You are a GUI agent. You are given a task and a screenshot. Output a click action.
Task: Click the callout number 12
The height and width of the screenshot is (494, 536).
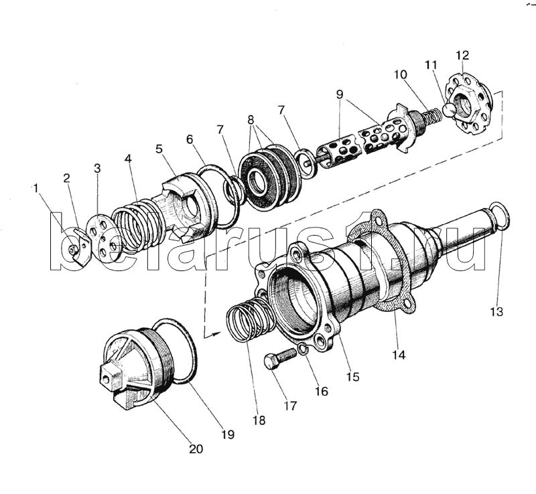click(462, 56)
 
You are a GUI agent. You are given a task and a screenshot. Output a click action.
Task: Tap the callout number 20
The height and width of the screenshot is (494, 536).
click(196, 449)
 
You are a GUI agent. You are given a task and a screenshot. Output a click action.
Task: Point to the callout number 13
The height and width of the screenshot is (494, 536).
click(496, 311)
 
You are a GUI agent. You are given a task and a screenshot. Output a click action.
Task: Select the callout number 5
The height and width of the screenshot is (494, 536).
click(159, 149)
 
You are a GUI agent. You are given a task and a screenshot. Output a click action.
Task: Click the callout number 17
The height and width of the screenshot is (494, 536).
click(290, 406)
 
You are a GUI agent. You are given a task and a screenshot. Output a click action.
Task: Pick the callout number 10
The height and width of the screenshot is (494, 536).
click(400, 74)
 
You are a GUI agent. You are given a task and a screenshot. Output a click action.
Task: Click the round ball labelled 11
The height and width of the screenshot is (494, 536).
click(449, 110)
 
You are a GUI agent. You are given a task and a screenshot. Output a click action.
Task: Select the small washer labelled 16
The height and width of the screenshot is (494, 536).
click(303, 349)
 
